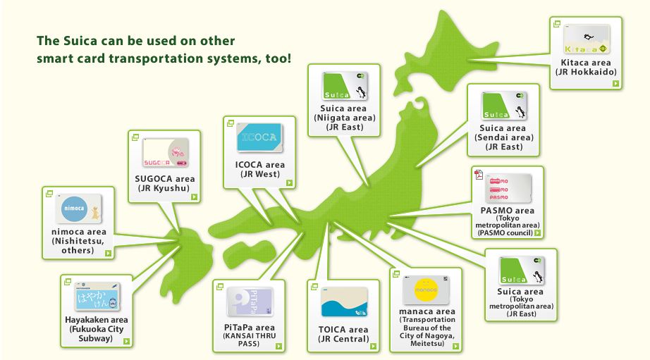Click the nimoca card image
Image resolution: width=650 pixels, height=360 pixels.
tap(79, 209)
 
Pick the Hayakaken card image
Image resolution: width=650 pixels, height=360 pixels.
tap(97, 297)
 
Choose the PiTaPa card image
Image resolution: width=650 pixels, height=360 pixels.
tap(249, 303)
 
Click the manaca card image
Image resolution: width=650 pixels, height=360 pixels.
tap(426, 290)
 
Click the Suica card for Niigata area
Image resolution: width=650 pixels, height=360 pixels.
tap(345, 87)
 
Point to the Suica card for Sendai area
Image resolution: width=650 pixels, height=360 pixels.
tap(505, 106)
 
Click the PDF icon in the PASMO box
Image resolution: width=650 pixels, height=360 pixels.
tap(478, 175)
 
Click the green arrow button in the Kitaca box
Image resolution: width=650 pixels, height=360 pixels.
tap(615, 84)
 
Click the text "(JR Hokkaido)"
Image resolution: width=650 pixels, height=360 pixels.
tap(586, 73)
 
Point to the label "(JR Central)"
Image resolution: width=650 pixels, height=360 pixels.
tap(344, 339)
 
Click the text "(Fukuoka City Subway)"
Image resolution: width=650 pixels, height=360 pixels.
tap(97, 333)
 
